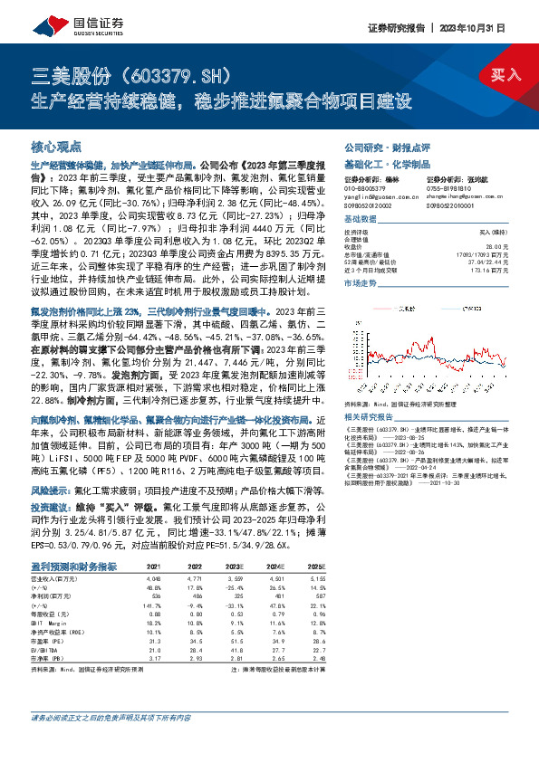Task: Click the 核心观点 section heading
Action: point(56,146)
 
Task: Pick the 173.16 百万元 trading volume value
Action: point(505,269)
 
